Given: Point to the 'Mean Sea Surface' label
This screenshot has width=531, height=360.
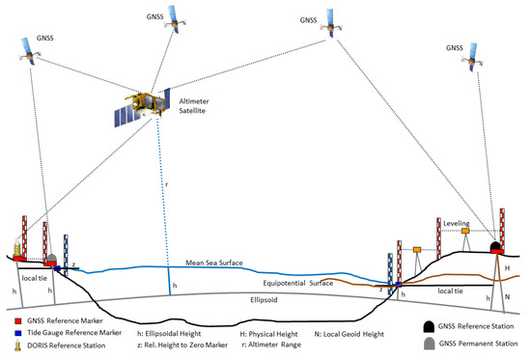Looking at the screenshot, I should (x=221, y=262).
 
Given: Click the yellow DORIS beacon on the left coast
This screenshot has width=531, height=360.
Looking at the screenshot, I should (x=18, y=254).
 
